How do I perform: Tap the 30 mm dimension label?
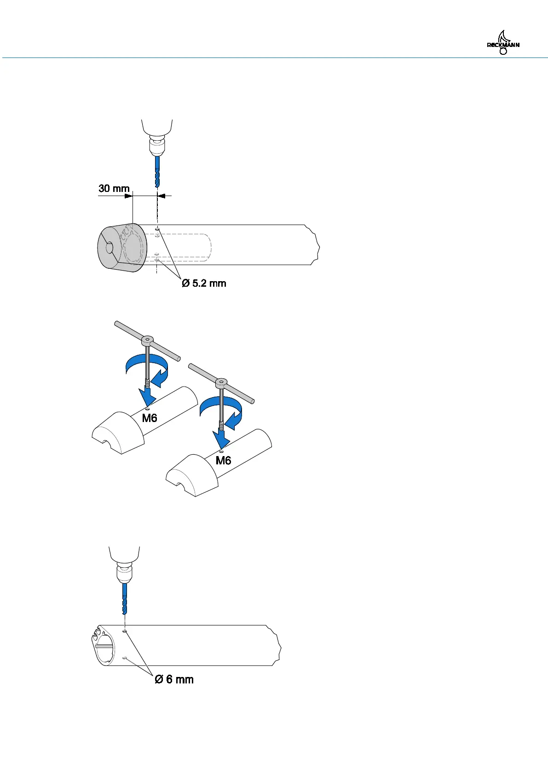coord(114,189)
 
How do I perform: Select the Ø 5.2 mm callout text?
coord(204,283)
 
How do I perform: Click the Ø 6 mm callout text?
coord(174,679)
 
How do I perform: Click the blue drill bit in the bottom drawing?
coord(124,598)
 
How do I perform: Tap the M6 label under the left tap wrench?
coord(150,418)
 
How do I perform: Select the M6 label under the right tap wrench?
coord(223,460)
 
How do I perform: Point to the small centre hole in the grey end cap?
coord(109,248)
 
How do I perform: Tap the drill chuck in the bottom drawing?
coord(124,573)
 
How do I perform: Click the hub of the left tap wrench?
coord(147,341)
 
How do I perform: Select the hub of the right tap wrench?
coord(221,382)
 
